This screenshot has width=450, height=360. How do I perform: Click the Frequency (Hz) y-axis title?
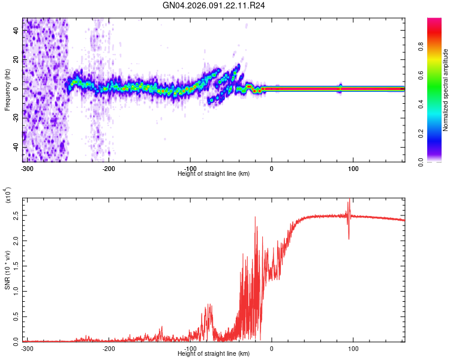pos(7,90)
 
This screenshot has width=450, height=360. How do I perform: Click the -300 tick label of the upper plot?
pos(26,167)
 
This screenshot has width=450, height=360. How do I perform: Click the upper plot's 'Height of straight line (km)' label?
pos(214,173)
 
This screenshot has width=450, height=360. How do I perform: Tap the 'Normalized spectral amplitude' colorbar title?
pos(446,90)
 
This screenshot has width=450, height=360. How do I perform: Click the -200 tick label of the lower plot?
pos(109,348)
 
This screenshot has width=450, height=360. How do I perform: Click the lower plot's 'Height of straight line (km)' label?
pos(214,353)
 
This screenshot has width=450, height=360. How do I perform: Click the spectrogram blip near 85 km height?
pos(340,88)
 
